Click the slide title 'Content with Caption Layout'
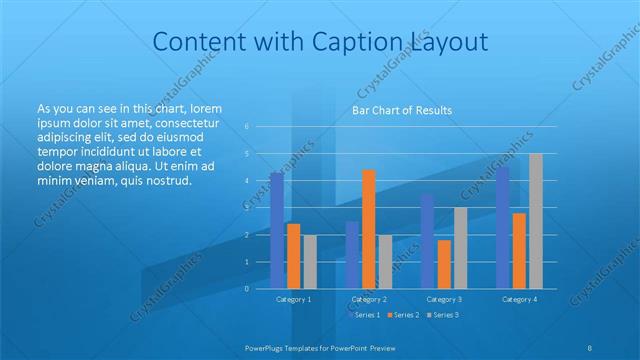pyautogui.click(x=320, y=42)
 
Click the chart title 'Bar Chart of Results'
pyautogui.click(x=401, y=110)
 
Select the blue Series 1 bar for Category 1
pyautogui.click(x=277, y=230)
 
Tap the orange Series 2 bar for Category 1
pyautogui.click(x=293, y=256)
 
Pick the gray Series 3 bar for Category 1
pyautogui.click(x=310, y=261)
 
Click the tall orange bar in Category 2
pyautogui.click(x=369, y=229)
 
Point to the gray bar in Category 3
pyautogui.click(x=460, y=247)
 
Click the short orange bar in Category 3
pyautogui.click(x=444, y=264)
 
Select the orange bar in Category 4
pyautogui.click(x=519, y=250)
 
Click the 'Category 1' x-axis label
pyautogui.click(x=293, y=299)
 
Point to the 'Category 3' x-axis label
pyautogui.click(x=444, y=299)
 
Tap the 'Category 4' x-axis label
pyautogui.click(x=519, y=299)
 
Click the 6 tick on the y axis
pyautogui.click(x=246, y=127)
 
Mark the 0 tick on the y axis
pyautogui.click(x=246, y=289)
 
